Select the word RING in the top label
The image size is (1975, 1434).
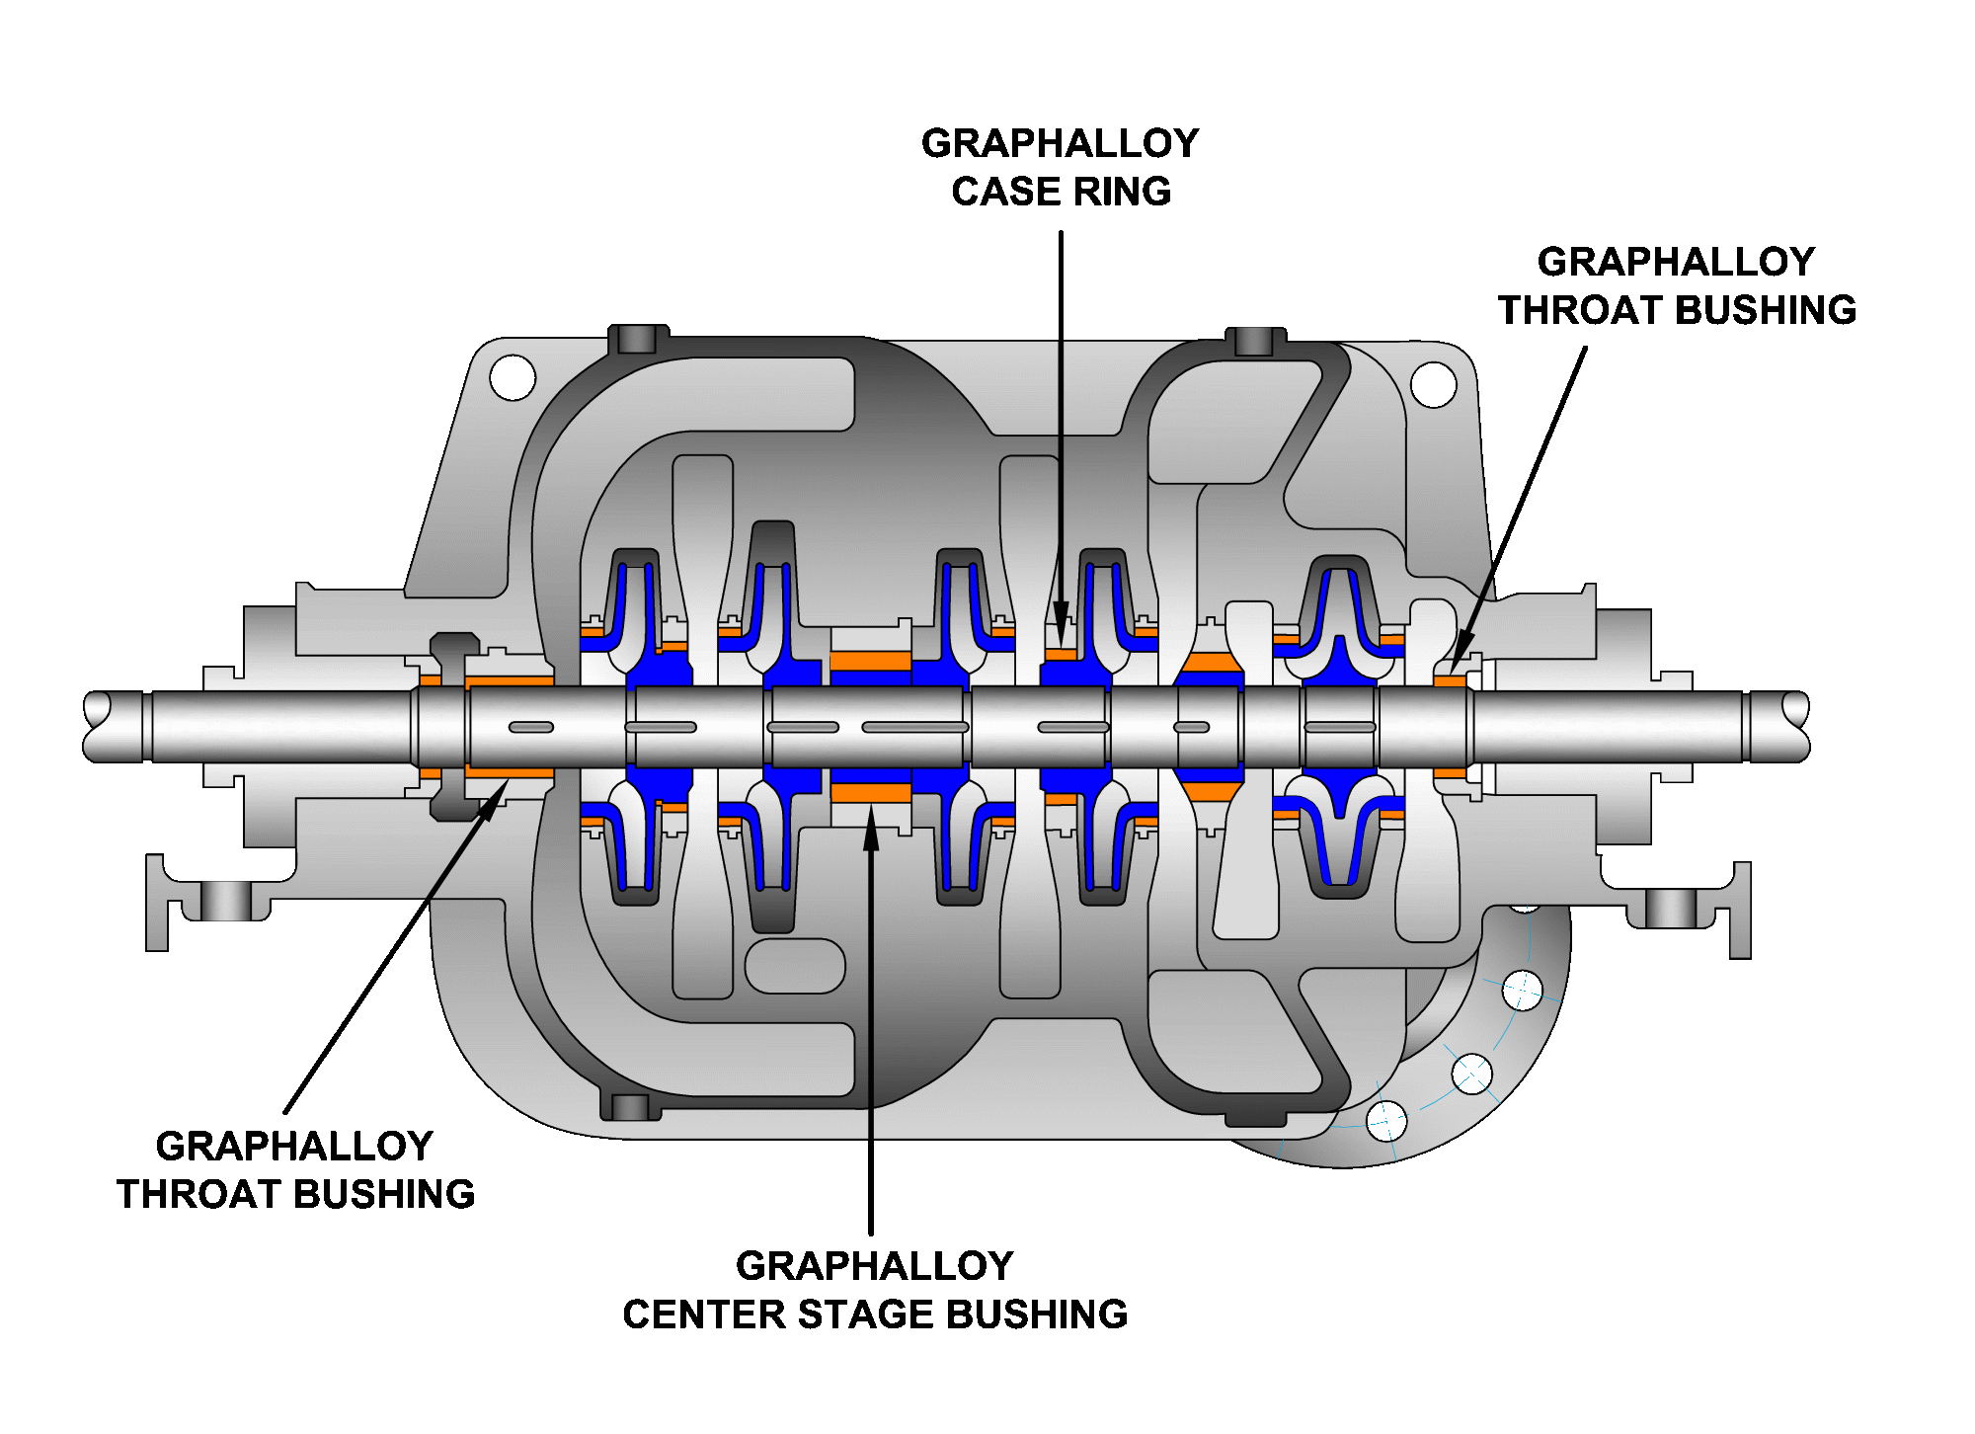pyautogui.click(x=1125, y=192)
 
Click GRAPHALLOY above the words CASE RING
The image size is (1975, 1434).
pyautogui.click(x=1060, y=143)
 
